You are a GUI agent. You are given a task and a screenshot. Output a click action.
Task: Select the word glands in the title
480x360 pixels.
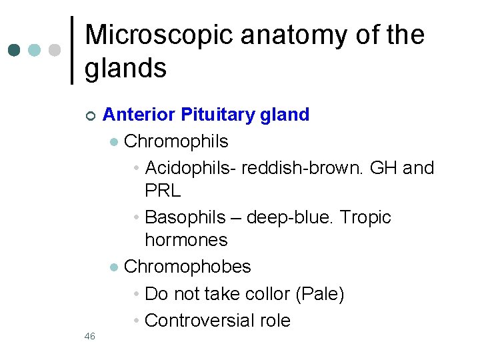point(125,68)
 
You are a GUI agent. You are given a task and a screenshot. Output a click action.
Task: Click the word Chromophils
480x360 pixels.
point(176,141)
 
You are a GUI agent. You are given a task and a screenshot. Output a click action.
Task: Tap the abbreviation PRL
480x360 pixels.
point(163,191)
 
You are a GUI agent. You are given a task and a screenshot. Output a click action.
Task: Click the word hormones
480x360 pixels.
point(186,240)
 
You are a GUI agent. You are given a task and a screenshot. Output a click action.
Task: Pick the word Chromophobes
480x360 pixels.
point(187,267)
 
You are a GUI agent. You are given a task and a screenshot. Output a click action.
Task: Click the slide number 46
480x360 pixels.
point(90,336)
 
